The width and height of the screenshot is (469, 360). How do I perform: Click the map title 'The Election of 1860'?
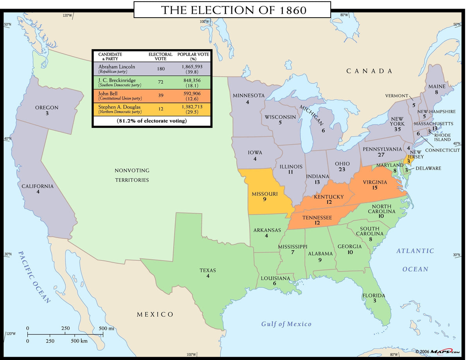234,10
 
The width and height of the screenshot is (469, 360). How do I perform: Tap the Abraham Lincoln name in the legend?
116,66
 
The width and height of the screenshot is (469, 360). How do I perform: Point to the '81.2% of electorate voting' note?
152,121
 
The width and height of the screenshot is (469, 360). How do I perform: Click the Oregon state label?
47,107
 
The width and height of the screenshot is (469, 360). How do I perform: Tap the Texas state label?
208,270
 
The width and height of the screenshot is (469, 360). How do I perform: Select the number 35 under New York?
397,129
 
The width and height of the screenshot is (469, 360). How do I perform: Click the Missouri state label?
265,194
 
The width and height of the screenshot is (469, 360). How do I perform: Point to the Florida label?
374,296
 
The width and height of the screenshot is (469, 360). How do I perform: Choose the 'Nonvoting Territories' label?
132,175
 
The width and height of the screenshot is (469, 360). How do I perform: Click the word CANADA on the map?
369,71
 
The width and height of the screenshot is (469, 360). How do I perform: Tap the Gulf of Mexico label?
286,324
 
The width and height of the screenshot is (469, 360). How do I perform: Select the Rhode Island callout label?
442,137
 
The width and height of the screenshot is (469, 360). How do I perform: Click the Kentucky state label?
329,197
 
